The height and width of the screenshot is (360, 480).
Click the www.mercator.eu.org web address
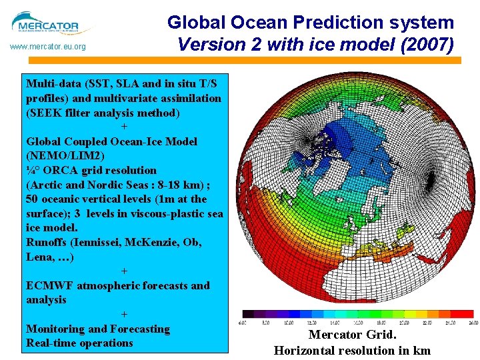tap(47, 47)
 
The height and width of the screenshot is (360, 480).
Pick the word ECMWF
tap(50, 285)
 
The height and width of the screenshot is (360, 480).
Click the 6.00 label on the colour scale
tap(243, 323)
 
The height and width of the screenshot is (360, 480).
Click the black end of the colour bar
tap(247, 313)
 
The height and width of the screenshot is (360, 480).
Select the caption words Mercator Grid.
tap(352, 335)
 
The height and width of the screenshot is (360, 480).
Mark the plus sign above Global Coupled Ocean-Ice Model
tap(124, 127)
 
